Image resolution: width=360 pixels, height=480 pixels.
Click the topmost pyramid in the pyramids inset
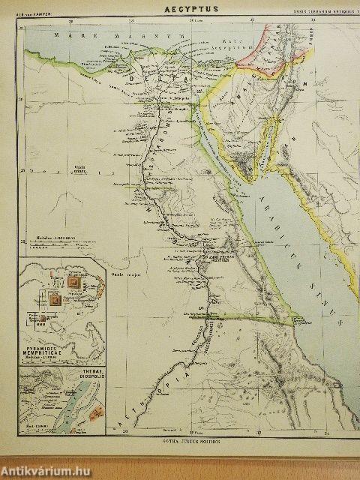point(74,281)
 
